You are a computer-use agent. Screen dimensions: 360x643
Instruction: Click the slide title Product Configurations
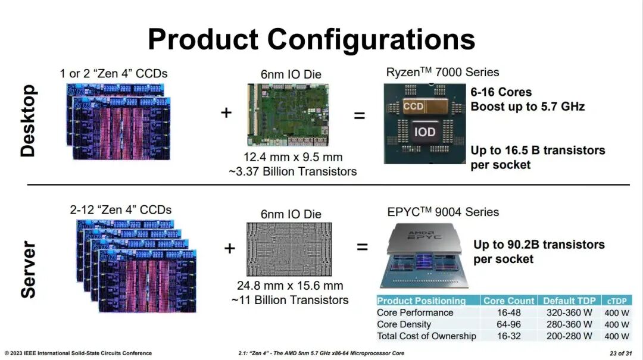coord(311,39)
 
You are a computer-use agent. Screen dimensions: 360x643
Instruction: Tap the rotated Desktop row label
coord(28,121)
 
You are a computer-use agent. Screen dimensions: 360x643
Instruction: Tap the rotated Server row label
coord(28,269)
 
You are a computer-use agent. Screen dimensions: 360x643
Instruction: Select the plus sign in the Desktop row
coord(226,112)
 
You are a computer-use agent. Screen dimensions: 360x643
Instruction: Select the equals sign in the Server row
coord(362,246)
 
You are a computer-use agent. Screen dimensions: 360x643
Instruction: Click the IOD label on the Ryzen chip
coord(424,132)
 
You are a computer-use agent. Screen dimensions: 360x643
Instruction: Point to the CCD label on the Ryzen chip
coord(413,107)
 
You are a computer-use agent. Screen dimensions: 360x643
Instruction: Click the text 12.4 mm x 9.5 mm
coord(293,157)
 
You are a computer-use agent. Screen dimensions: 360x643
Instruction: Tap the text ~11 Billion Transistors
coord(290,300)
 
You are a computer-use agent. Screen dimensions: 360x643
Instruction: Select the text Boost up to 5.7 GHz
coord(527,107)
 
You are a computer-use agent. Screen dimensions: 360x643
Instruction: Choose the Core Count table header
coord(509,300)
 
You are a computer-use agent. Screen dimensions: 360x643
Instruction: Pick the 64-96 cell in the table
coord(509,324)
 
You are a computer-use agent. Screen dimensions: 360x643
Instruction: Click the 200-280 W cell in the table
coord(569,336)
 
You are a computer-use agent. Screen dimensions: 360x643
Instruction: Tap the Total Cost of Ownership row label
coord(426,336)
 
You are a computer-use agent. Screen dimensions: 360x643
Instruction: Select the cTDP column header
coord(617,300)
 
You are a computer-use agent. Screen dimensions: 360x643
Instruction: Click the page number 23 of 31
coord(621,353)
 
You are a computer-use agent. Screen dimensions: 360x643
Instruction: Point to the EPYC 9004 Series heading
coord(443,212)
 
